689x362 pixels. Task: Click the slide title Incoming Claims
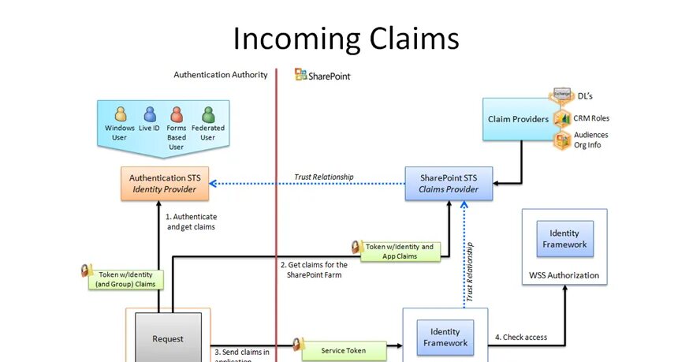[x=345, y=38]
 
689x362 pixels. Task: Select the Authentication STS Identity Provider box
[x=165, y=184]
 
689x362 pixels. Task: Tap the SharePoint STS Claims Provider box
[x=448, y=184]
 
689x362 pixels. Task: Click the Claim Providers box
[x=517, y=119]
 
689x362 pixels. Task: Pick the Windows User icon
[x=120, y=114]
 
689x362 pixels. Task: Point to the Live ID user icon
[x=150, y=114]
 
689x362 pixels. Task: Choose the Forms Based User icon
[x=177, y=114]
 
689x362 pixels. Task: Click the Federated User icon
[x=207, y=114]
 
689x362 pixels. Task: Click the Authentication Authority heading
[x=221, y=75]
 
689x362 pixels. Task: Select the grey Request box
[x=167, y=338]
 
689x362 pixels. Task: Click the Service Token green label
[x=344, y=349]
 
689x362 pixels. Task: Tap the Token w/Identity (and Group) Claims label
[x=126, y=279]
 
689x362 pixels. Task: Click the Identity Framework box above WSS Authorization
[x=564, y=239]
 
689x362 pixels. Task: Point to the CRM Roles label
[x=591, y=118]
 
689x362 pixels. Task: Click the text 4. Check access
[x=520, y=338]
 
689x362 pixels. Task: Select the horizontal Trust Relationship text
[x=323, y=177]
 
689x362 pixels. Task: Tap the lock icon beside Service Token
[x=299, y=345]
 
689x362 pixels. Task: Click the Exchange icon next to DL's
[x=561, y=95]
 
